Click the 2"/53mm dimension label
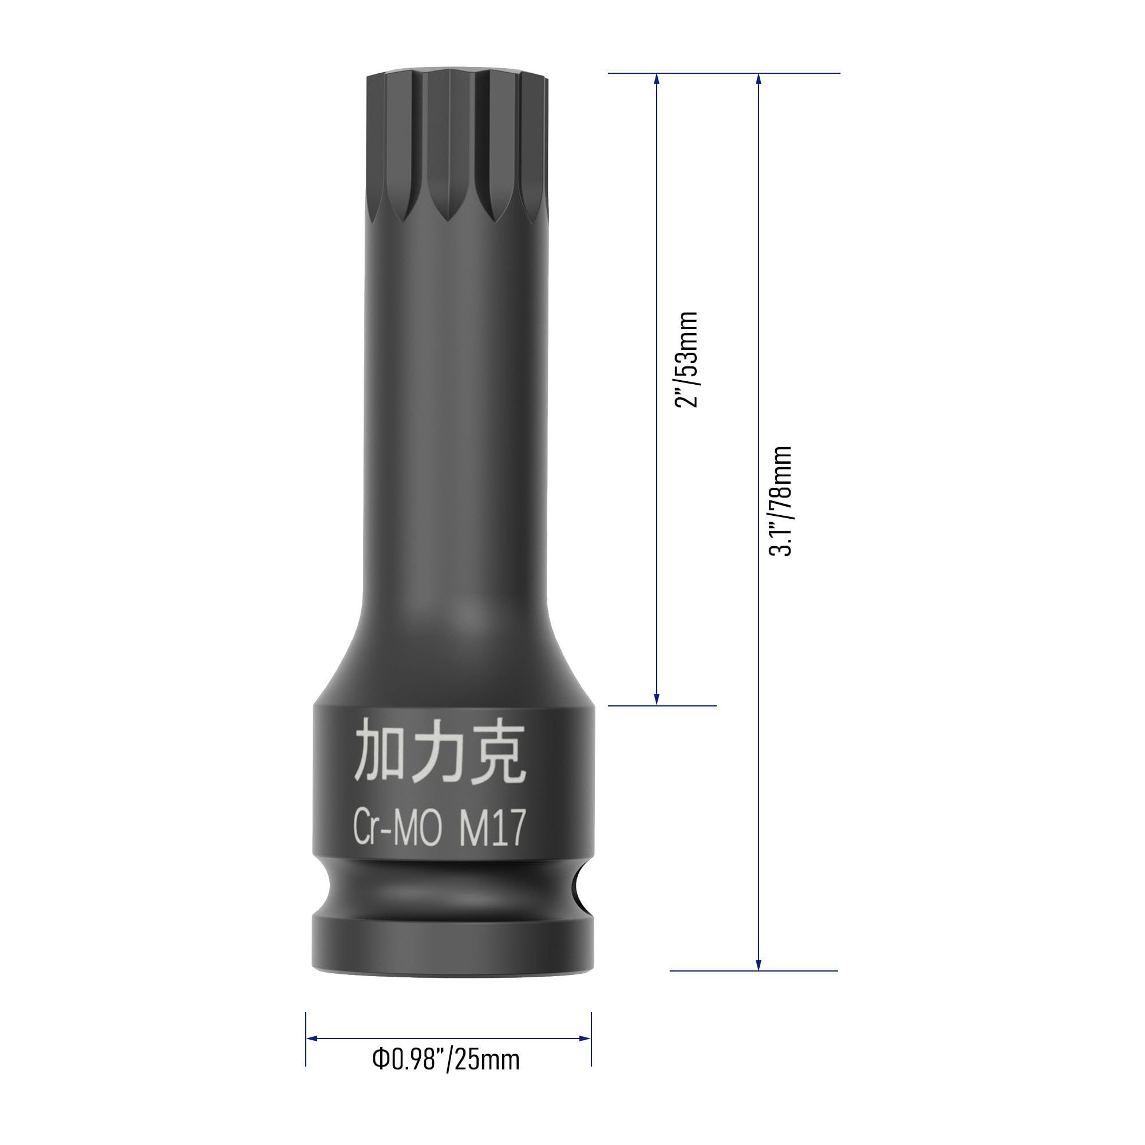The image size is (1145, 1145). coord(687,359)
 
